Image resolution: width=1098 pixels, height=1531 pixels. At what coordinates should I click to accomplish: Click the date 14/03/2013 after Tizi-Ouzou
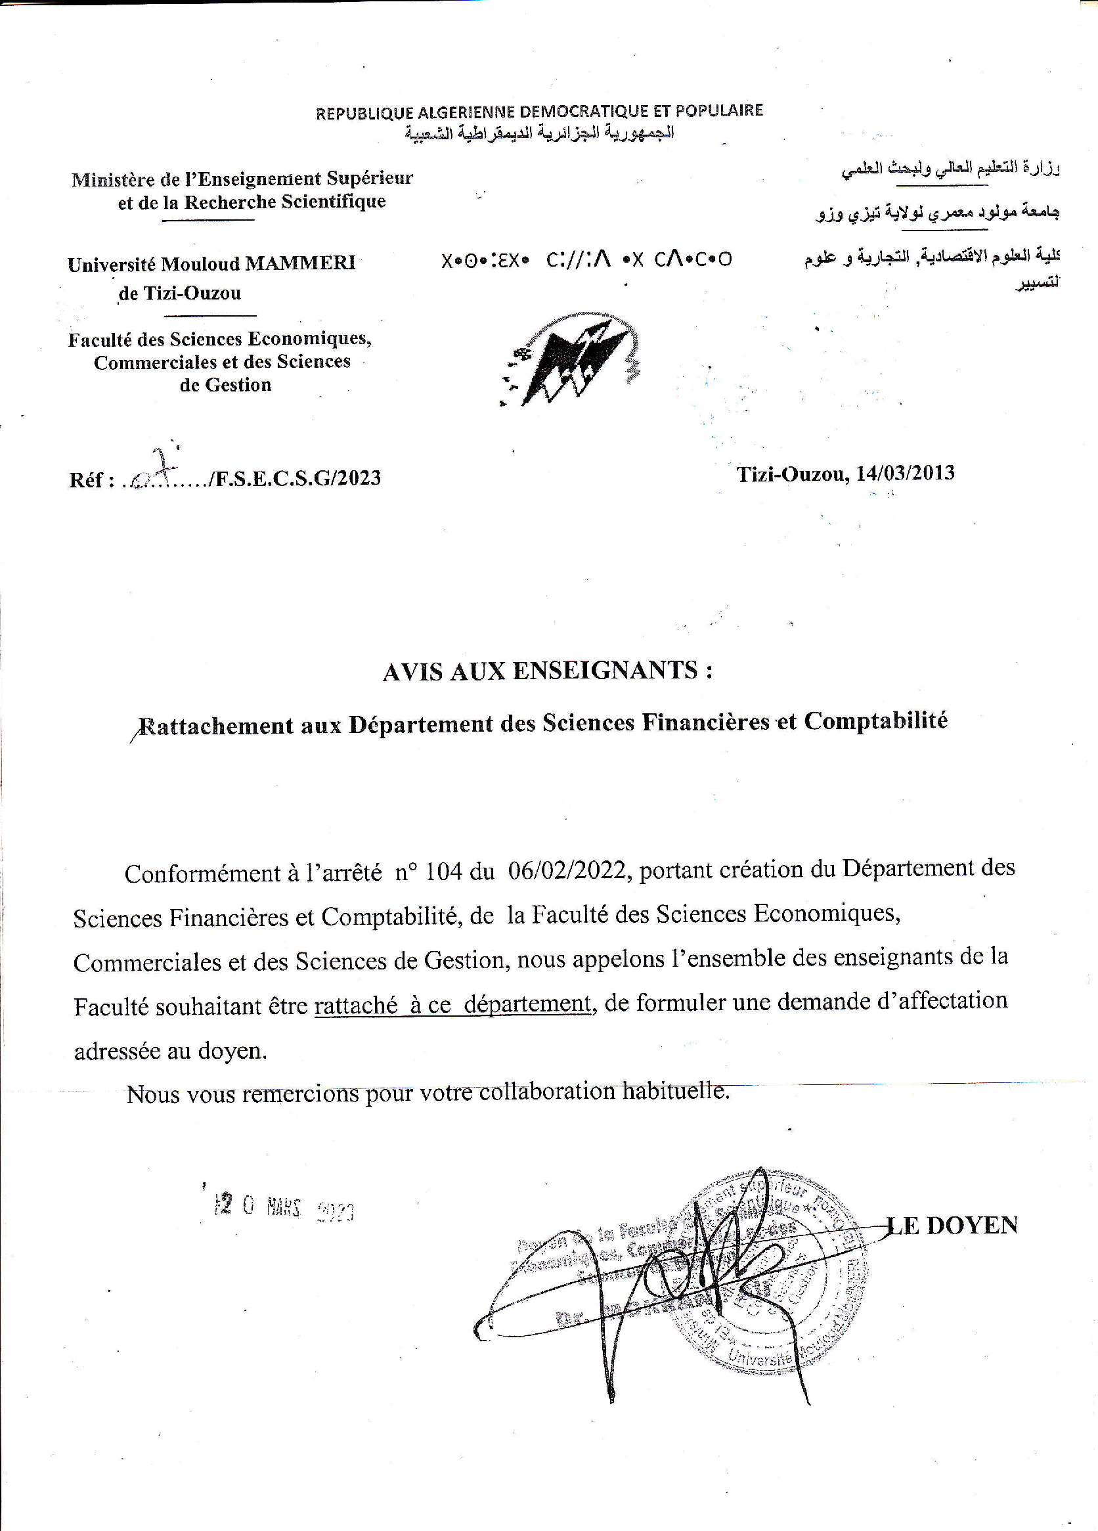(x=905, y=472)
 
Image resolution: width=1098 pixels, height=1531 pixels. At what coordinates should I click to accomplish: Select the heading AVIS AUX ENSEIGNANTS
(x=546, y=671)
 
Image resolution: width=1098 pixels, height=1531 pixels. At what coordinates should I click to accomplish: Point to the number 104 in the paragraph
(x=444, y=872)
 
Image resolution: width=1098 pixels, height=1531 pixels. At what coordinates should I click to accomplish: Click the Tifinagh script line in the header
(x=586, y=259)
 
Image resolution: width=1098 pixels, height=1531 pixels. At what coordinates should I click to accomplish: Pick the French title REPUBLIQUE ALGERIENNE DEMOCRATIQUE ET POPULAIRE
(x=539, y=112)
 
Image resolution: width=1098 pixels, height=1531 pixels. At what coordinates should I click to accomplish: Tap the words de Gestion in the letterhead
(x=225, y=385)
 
